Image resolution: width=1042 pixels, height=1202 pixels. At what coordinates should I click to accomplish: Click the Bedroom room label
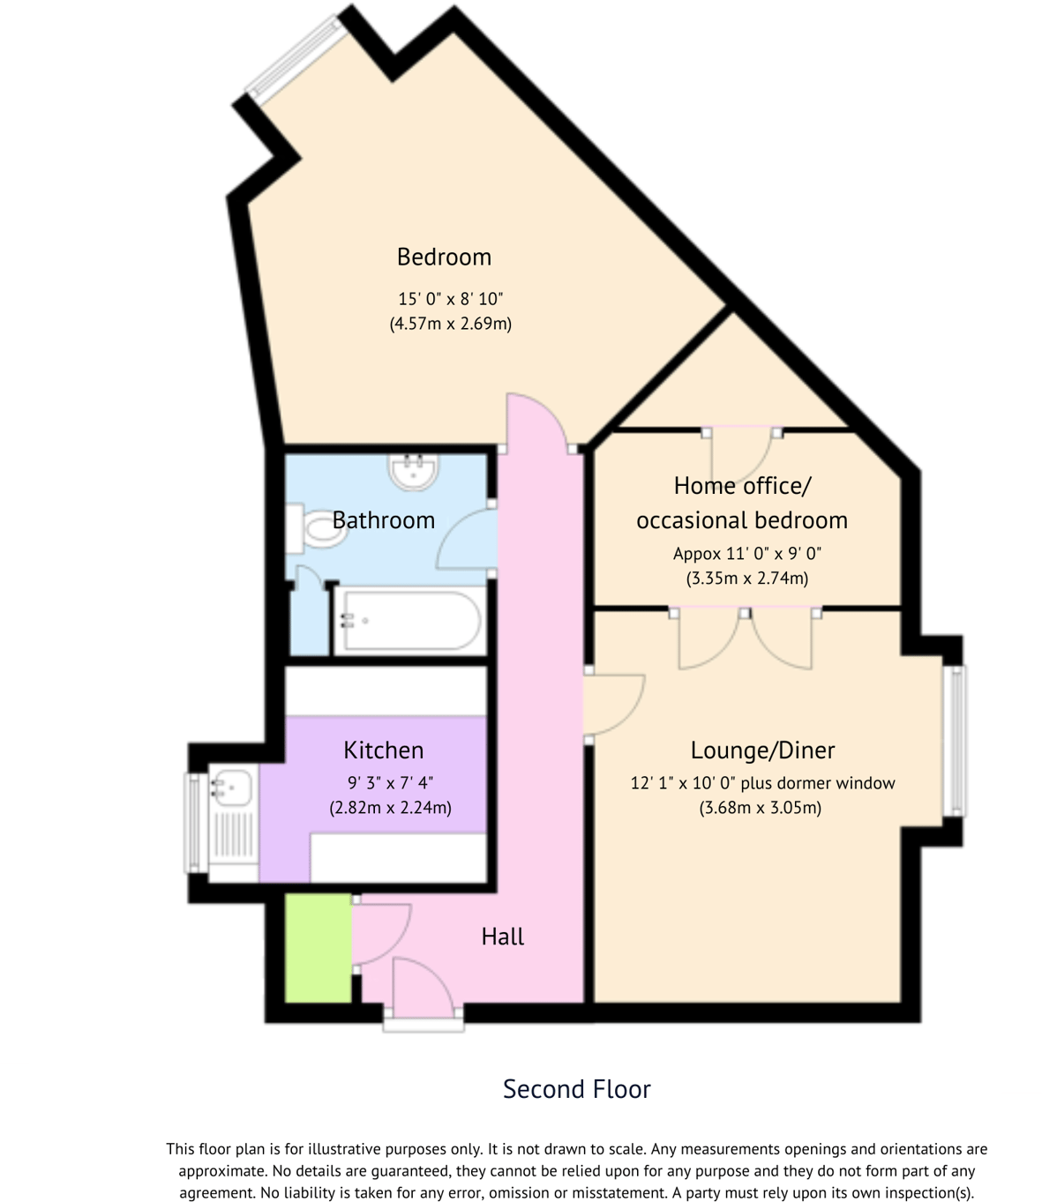(x=444, y=257)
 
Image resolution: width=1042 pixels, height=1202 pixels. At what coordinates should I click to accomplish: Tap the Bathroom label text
(x=383, y=520)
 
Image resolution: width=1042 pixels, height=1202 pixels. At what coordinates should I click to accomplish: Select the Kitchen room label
(x=383, y=750)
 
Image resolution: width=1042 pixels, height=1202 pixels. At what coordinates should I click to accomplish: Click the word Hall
(x=502, y=937)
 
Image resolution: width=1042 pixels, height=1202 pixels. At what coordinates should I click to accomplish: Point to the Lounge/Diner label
(x=762, y=750)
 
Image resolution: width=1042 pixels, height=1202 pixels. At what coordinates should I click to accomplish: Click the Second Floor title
(x=576, y=1089)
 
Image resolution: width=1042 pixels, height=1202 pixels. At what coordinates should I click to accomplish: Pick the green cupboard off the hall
(x=319, y=948)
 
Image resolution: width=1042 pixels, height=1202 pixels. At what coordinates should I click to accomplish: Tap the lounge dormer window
(x=954, y=739)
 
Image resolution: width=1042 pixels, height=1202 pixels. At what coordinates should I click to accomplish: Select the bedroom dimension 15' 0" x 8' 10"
(x=450, y=299)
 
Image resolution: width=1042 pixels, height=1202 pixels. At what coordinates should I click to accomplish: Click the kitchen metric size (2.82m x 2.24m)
(x=390, y=807)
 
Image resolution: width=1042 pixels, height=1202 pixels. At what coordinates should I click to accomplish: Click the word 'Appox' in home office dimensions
(x=696, y=554)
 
